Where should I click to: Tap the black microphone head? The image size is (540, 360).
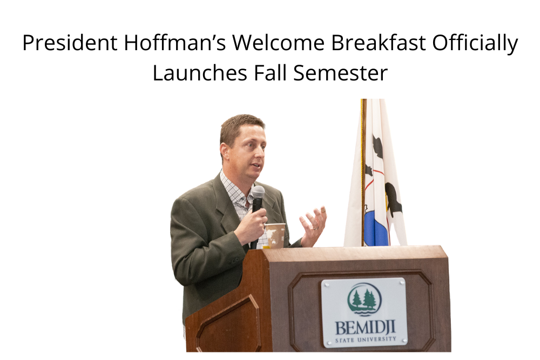(258, 193)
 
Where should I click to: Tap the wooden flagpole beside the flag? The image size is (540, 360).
(363, 173)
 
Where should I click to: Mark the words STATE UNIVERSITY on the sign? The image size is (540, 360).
(364, 340)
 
